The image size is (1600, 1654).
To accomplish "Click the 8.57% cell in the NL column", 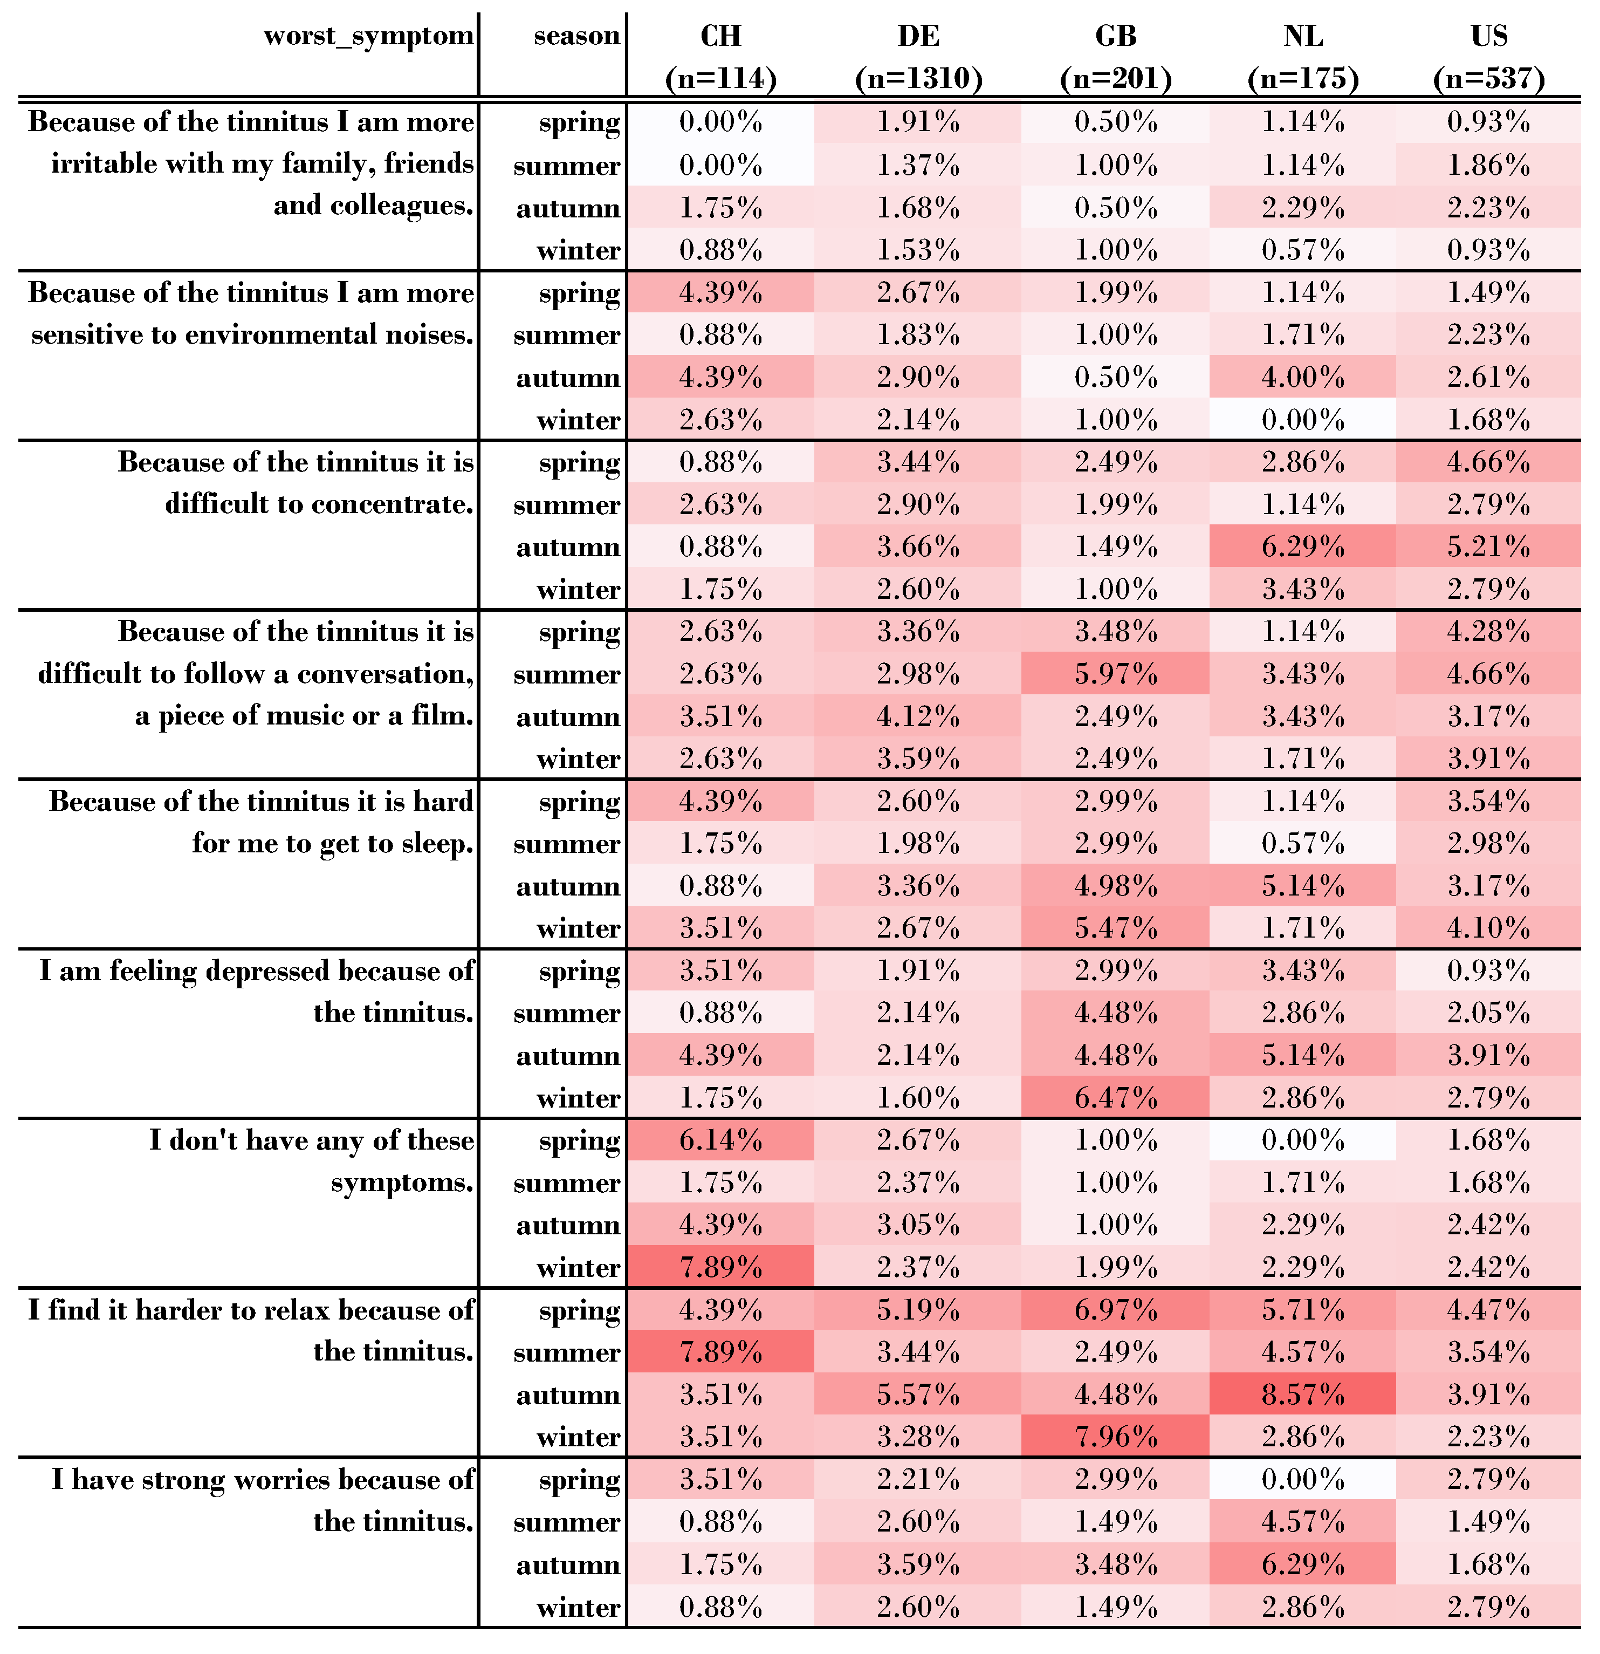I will click(1302, 1394).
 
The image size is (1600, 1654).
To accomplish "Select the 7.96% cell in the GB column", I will click(1115, 1436).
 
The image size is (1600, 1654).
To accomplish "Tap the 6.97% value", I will click(1115, 1310).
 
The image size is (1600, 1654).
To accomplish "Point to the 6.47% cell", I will click(1115, 1098).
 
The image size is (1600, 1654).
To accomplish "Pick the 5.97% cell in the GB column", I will click(1115, 674).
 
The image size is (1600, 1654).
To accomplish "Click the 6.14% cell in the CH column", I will click(720, 1140).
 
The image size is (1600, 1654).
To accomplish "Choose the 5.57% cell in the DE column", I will click(918, 1394).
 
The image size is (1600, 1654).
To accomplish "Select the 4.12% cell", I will click(918, 716).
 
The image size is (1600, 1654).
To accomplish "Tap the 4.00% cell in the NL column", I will click(1302, 377).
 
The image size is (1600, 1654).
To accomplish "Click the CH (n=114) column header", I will click(720, 57).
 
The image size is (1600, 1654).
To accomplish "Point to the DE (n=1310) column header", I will click(918, 57).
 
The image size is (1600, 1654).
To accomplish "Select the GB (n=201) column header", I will click(1115, 57).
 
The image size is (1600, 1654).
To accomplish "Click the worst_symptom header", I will click(368, 36).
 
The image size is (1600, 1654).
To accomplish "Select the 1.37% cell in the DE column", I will click(918, 166).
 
